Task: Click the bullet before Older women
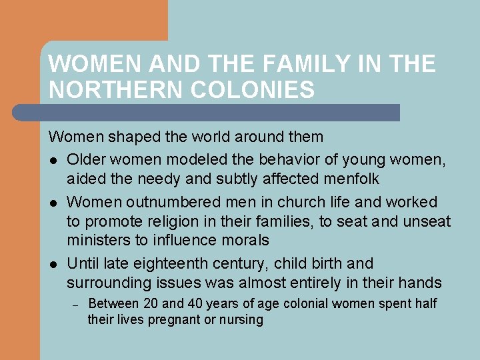53,161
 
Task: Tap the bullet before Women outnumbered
53,203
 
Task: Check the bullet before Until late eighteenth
53,263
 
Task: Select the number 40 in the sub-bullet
195,304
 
